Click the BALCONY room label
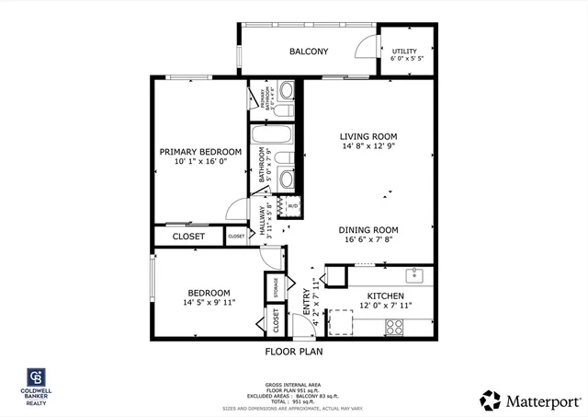[309, 52]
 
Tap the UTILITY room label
[405, 52]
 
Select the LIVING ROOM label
[368, 136]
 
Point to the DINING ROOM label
[367, 230]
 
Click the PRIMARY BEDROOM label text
[200, 152]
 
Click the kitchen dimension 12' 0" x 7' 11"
[386, 305]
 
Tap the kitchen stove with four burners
[396, 325]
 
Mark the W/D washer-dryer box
[292, 206]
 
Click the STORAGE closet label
[275, 287]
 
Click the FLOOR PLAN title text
[294, 351]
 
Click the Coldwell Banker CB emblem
[37, 379]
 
